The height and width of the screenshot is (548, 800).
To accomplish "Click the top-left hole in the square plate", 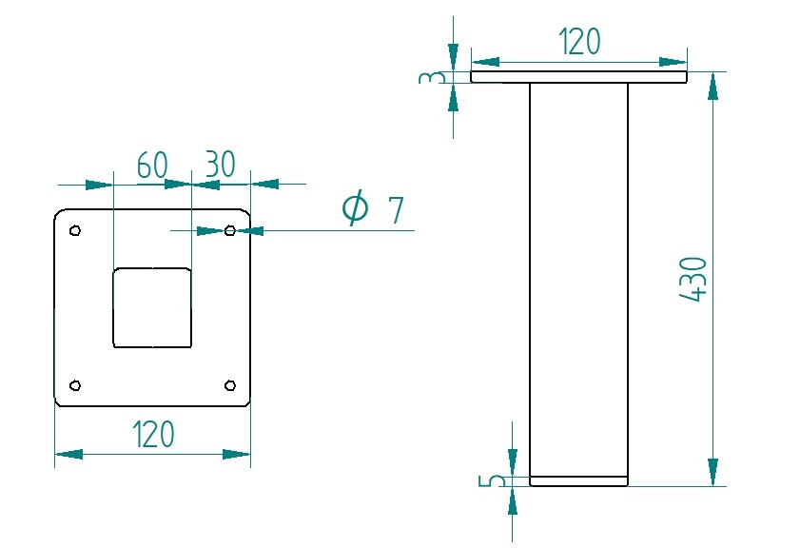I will [x=76, y=230].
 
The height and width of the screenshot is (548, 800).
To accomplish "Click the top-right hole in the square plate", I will [x=229, y=230].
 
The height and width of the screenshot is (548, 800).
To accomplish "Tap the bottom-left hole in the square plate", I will [x=76, y=384].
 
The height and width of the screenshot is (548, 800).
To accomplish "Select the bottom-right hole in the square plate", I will [x=229, y=384].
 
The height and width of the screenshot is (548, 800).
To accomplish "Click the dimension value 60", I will [x=152, y=166].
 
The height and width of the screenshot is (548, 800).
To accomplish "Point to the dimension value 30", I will [x=220, y=165].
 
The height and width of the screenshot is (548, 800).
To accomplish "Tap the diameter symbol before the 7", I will [x=355, y=207].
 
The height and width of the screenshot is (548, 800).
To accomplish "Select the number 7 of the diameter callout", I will [x=396, y=209].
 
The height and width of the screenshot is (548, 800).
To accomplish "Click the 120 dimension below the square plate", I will [x=153, y=435].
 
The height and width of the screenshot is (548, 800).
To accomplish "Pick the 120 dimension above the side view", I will [x=578, y=43].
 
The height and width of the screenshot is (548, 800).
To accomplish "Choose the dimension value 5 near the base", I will [x=492, y=480].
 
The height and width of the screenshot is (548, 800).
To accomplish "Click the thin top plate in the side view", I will [x=578, y=77].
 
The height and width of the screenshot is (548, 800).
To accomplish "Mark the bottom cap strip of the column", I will [x=578, y=481].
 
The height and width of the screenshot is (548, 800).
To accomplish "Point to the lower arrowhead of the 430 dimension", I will [x=712, y=472].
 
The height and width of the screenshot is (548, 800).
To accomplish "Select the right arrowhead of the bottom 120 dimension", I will [x=237, y=454].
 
